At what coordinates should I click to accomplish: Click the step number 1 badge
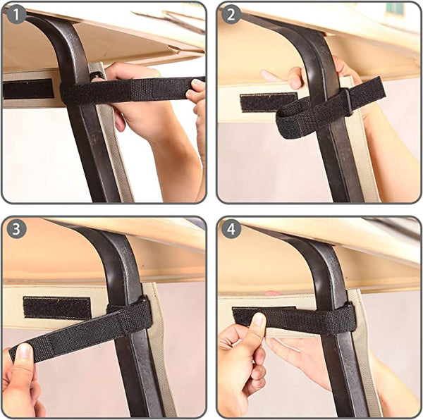pos(16,15)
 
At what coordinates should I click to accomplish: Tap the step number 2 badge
pos(231,15)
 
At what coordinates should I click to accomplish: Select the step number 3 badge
pos(16,229)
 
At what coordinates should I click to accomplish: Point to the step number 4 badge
pos(231,229)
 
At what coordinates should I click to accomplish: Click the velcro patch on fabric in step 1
pos(28,89)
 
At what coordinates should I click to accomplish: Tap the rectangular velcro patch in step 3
pos(56,307)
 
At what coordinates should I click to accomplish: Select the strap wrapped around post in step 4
pos(331,319)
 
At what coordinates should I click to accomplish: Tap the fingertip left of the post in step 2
pos(266,75)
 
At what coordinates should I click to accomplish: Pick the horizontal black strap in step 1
pos(134,89)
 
